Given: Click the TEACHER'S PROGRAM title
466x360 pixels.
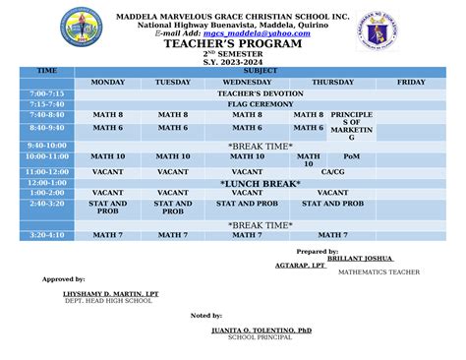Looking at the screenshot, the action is click(x=233, y=45).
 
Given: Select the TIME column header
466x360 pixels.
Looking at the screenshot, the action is click(x=47, y=72).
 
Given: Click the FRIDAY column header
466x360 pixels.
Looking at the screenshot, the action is click(x=411, y=83).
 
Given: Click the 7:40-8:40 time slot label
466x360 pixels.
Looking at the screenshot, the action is click(x=47, y=115).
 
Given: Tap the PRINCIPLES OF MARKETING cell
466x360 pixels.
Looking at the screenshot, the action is click(x=351, y=126).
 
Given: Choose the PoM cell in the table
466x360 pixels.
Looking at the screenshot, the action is click(x=351, y=156).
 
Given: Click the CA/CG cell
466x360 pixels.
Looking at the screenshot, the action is click(x=332, y=171).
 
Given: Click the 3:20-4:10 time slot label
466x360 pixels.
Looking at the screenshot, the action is click(x=47, y=235).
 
